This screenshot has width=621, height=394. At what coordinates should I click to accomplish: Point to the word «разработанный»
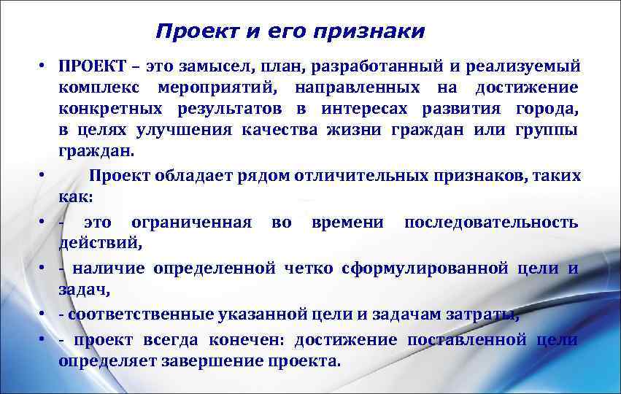coord(375,67)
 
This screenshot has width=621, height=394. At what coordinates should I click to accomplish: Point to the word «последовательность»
coord(491,222)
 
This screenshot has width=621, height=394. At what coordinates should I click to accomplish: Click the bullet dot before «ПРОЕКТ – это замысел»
coord(44,67)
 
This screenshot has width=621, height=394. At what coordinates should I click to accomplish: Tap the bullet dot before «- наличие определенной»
coord(44,269)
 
